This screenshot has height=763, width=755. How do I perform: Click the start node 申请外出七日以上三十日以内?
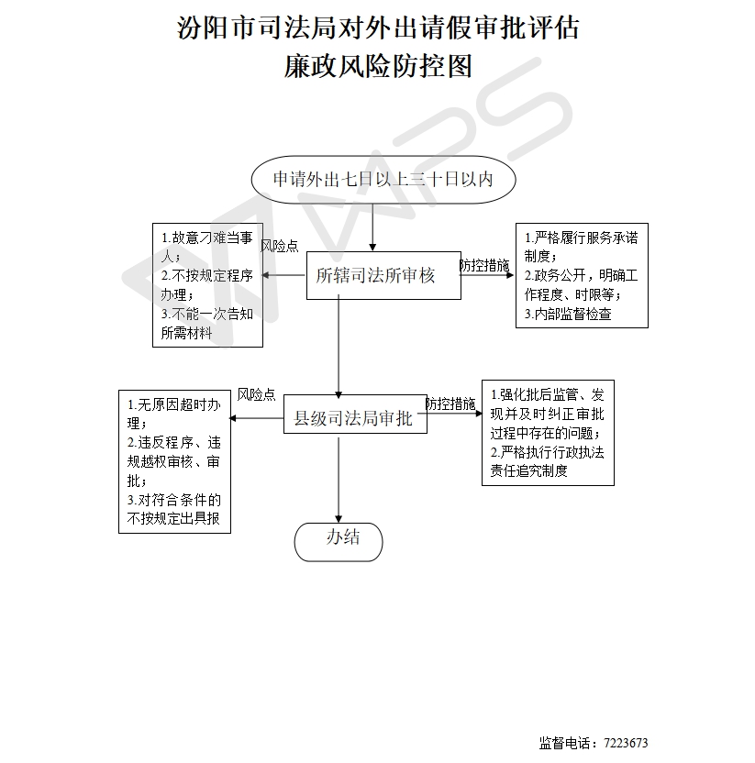[x=383, y=179]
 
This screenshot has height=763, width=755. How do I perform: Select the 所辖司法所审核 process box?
[x=383, y=275]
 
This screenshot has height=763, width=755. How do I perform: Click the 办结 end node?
[x=339, y=542]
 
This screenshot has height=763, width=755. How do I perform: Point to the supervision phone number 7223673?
[x=626, y=743]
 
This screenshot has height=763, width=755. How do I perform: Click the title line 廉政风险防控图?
[x=378, y=66]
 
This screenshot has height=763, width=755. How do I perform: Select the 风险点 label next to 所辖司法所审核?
[x=280, y=246]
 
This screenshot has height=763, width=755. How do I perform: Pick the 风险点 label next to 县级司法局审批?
[x=257, y=394]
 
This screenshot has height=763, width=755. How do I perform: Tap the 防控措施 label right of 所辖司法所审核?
[x=484, y=265]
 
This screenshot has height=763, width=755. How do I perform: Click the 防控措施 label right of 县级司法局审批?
[x=450, y=404]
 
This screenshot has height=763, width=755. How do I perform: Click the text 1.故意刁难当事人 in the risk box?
[x=207, y=247]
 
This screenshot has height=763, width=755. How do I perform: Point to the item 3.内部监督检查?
[x=568, y=314]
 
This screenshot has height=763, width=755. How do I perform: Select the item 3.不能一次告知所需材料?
[x=207, y=323]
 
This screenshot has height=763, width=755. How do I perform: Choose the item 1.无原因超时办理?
[x=173, y=414]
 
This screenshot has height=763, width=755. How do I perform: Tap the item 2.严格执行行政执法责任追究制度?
[x=547, y=461]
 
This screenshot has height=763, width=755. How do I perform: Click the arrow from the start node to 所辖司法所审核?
[x=372, y=227]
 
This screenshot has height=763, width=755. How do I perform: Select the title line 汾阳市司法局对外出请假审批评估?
[x=378, y=28]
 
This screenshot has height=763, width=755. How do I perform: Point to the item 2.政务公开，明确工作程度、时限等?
[x=581, y=285]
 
